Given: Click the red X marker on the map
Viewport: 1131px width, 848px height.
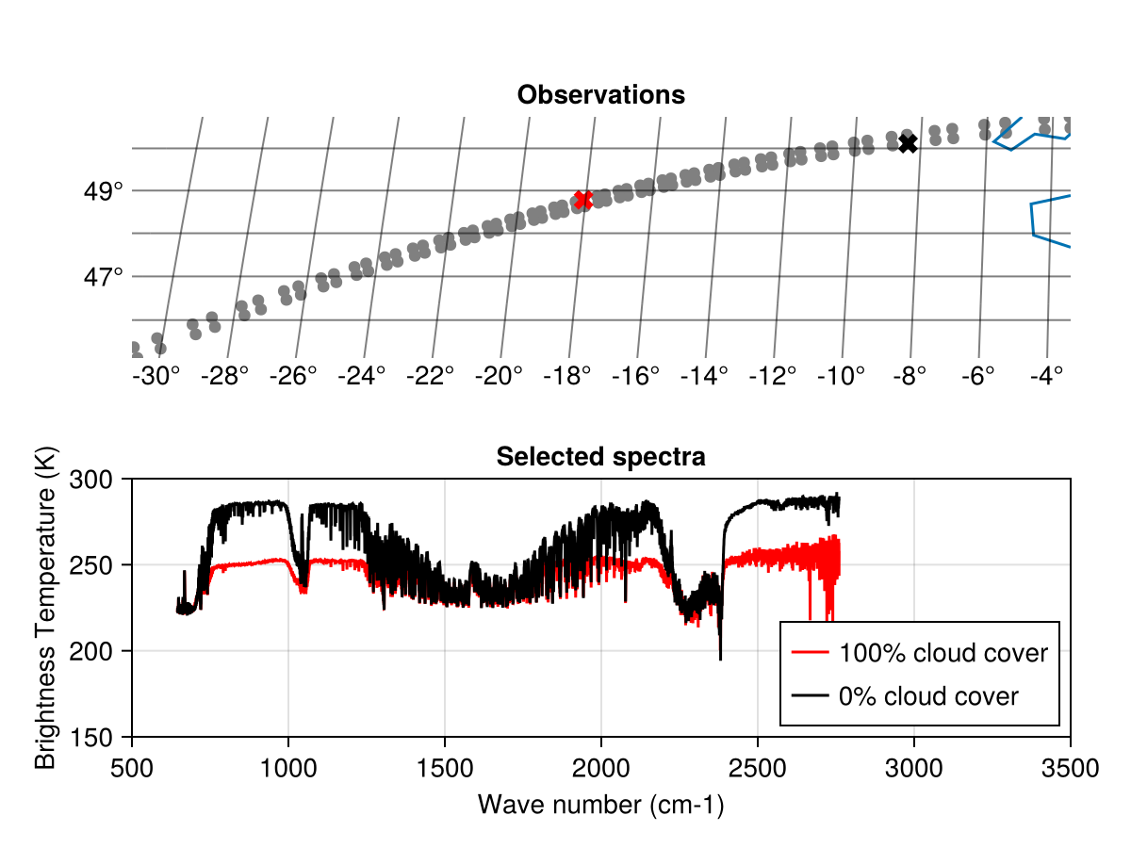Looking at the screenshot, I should pyautogui.click(x=582, y=200).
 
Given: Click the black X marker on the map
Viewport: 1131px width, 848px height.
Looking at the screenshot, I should pyautogui.click(x=908, y=143).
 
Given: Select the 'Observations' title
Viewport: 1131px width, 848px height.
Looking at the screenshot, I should pyautogui.click(x=601, y=95).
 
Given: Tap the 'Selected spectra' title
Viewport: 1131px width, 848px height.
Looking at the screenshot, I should pyautogui.click(x=601, y=457).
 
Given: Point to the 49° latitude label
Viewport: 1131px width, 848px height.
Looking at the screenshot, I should pyautogui.click(x=104, y=191).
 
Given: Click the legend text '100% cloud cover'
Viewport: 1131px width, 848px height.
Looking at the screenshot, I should pyautogui.click(x=943, y=652).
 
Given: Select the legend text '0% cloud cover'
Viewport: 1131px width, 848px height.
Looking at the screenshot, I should pyautogui.click(x=928, y=696).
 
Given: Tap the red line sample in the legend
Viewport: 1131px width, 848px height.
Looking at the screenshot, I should pyautogui.click(x=811, y=652).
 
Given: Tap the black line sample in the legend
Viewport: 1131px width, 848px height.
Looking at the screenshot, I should pyautogui.click(x=811, y=696).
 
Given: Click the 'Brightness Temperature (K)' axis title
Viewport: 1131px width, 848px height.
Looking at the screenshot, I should pyautogui.click(x=45, y=608).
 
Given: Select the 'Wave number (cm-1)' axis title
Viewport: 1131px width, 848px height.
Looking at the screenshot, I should pyautogui.click(x=601, y=804).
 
